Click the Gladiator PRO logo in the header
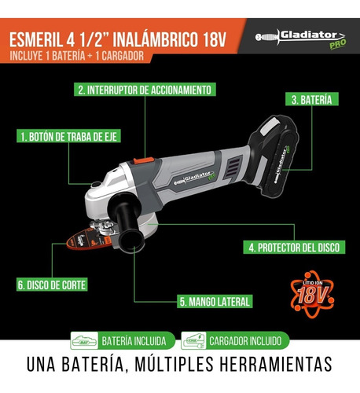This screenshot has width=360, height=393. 301,39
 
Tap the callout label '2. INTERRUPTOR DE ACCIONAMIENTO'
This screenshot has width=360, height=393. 145,90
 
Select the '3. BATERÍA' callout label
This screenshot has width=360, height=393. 312,99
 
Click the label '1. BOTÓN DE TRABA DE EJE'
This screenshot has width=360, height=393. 68,136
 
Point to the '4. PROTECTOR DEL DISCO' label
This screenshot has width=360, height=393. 294,247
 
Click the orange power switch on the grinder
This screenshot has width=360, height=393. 144,160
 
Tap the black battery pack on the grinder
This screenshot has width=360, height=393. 274,155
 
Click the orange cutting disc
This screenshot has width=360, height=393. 88,239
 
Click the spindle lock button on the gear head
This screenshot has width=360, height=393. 96,185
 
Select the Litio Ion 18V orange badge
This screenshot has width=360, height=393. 312,294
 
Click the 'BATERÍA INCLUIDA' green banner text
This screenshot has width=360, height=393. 134,341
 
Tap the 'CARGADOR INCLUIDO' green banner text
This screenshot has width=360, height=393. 245,341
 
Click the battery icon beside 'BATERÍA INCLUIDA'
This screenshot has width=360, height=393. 84,340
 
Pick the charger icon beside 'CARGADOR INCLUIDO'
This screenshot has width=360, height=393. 193,340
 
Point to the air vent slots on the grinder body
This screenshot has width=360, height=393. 233,167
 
